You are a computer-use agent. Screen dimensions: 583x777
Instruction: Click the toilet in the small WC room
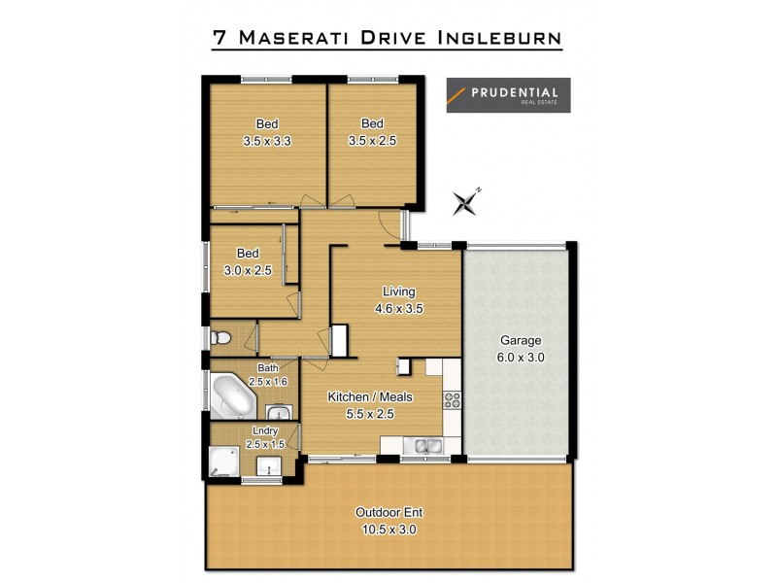(x=221, y=338)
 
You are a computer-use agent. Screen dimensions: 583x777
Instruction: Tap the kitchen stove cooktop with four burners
(x=452, y=397)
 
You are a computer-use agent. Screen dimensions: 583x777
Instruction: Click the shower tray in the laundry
(x=224, y=461)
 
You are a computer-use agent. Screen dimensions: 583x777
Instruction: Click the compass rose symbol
(x=467, y=202)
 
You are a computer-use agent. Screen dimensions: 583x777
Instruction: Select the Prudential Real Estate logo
(x=508, y=95)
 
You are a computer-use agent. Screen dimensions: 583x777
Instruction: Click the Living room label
(x=398, y=291)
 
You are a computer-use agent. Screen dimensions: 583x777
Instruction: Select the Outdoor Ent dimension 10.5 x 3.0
(x=388, y=530)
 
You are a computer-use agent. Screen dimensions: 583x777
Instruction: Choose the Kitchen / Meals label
(x=370, y=396)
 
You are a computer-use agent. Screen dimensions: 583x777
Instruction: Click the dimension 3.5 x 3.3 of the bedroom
(x=267, y=141)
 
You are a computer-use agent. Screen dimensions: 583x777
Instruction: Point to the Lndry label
(x=265, y=429)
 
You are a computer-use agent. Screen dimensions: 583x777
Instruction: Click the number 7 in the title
(x=220, y=38)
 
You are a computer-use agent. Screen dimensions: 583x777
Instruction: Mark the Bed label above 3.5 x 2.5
(x=372, y=123)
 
